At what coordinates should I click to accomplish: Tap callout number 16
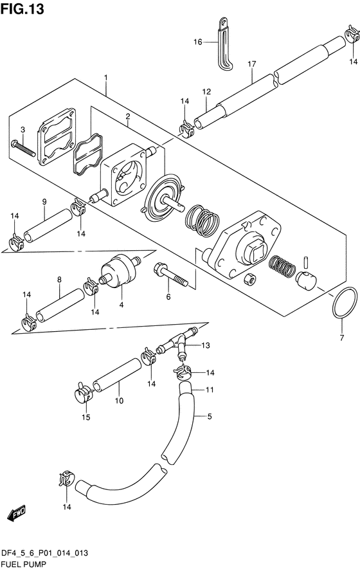tap(199, 42)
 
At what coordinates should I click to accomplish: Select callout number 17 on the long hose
tap(252, 64)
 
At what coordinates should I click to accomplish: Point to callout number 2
tap(128, 116)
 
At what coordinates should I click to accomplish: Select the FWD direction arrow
tap(15, 514)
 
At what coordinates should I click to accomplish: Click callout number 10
tap(119, 401)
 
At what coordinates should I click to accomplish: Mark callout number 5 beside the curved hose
tap(209, 416)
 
